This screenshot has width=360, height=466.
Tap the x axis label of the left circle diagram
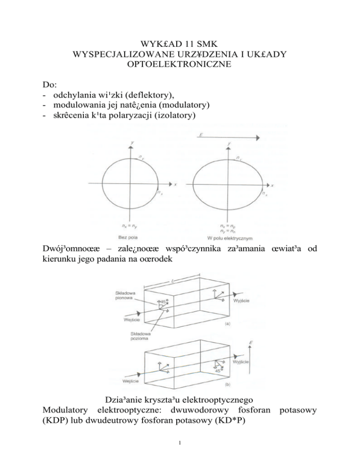pos(175,184)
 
